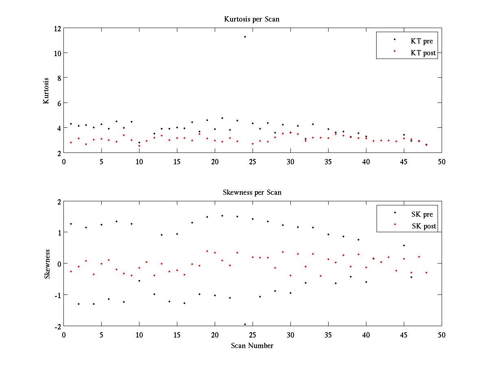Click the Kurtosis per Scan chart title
click(x=252, y=19)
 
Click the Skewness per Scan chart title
click(x=252, y=192)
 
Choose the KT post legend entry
click(x=423, y=53)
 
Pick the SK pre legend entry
click(x=422, y=214)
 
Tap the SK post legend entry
click(x=424, y=227)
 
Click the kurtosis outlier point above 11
click(x=245, y=37)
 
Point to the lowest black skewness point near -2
click(x=245, y=324)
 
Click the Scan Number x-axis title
click(x=252, y=346)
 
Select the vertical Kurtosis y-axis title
click(x=46, y=90)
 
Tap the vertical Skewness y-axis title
click(x=47, y=264)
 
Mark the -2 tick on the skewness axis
click(x=57, y=326)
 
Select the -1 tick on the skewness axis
click(x=57, y=295)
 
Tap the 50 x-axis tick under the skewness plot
click(x=442, y=335)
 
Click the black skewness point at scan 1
click(x=71, y=224)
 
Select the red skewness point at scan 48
click(x=426, y=272)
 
